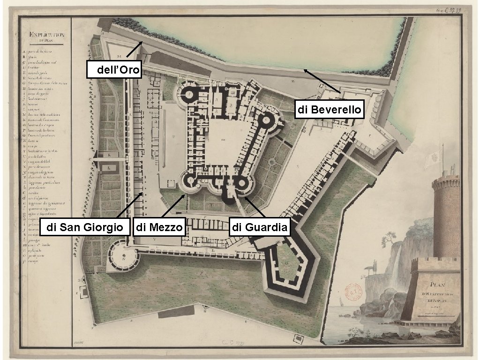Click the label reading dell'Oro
coord(115,70)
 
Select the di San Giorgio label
coord(85,228)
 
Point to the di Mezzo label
coord(160,228)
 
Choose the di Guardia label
coord(260,228)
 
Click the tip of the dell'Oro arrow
coord(142,41)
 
